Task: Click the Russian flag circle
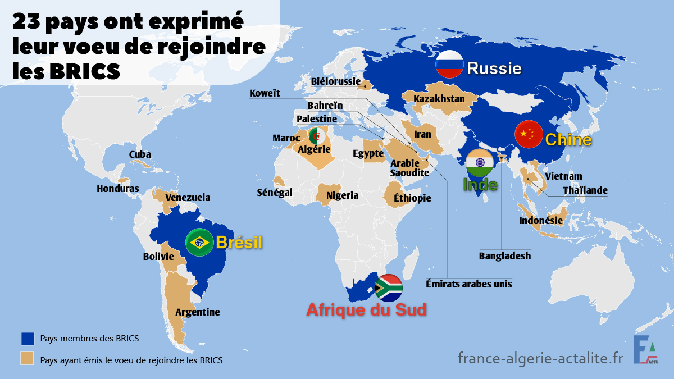pos(449,64)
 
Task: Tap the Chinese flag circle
pos(529,135)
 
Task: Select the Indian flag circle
pos(480,163)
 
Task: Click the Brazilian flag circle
pos(199,243)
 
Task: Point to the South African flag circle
pos(388,288)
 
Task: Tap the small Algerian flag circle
pos(316,136)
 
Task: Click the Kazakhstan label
pos(439,99)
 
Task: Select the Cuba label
pos(140,154)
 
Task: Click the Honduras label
pos(117,189)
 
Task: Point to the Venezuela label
pos(188,198)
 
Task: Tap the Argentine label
pos(198,312)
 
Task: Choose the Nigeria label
pos(342,195)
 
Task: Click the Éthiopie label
pos(412,198)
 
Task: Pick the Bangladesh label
pos(504,256)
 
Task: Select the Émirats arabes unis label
pos(469,284)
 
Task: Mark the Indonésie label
pos(540,221)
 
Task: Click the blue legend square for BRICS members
pos(27,339)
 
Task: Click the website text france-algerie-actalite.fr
pos(540,358)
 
